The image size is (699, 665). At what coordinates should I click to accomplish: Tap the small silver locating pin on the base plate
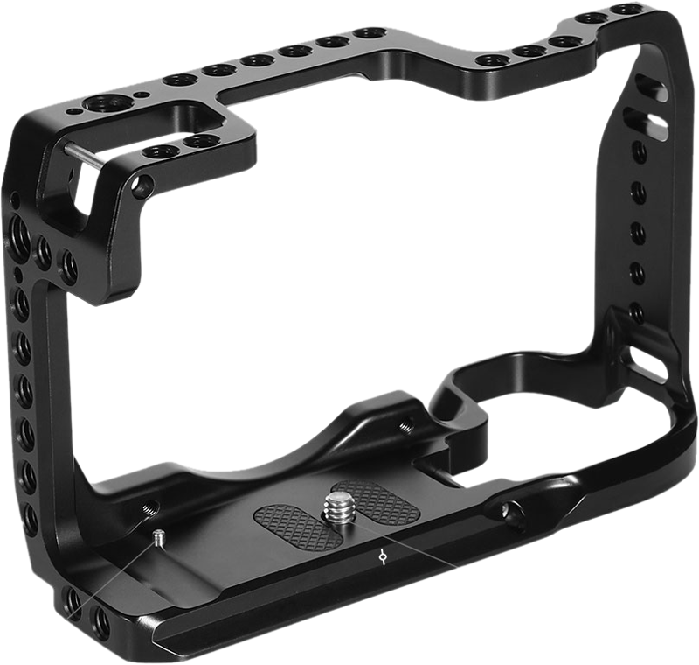158,535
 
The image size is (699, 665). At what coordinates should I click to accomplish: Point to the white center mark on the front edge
383,556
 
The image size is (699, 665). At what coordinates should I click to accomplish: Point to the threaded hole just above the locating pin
149,507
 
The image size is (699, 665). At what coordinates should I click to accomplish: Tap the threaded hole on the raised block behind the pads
405,428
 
